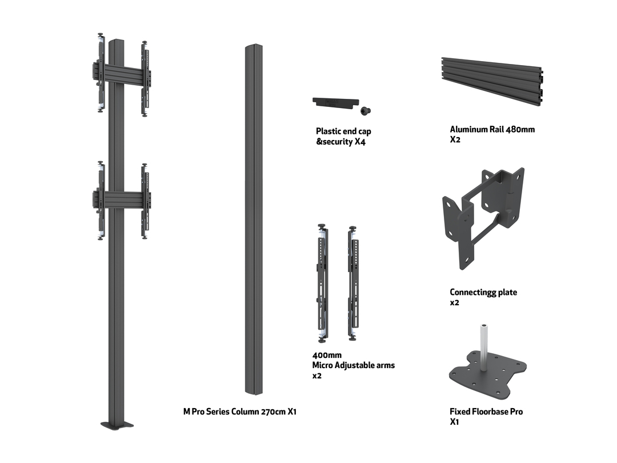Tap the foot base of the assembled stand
(117, 425)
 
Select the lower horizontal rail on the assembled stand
(121, 199)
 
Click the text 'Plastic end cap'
(343, 131)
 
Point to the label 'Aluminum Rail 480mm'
(492, 130)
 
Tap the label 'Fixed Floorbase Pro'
(486, 412)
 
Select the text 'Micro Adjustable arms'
(353, 365)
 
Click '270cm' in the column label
(272, 412)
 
